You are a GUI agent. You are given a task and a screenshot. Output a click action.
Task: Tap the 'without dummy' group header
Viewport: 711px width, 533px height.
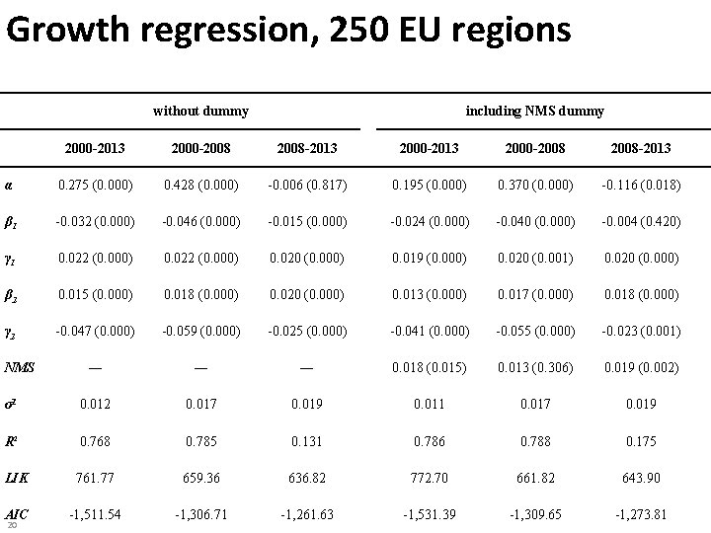coord(200,111)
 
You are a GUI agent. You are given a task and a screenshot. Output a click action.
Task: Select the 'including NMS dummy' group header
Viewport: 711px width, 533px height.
coord(534,111)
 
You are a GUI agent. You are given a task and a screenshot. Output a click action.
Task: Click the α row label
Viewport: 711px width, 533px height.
coord(9,184)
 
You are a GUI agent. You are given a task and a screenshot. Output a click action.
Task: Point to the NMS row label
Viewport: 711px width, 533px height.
coord(20,367)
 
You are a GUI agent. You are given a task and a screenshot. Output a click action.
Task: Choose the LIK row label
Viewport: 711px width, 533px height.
coord(16,477)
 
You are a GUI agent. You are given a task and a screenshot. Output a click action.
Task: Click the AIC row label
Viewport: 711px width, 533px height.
coord(16,513)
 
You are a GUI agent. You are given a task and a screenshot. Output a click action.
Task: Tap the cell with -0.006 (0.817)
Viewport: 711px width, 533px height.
coord(306,185)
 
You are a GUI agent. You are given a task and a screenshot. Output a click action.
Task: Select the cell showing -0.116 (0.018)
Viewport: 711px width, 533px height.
coord(640,185)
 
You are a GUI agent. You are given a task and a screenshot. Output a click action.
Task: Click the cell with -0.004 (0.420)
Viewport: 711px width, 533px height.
coord(640,221)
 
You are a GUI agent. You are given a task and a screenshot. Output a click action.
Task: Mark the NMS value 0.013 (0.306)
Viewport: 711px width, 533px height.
coord(534,367)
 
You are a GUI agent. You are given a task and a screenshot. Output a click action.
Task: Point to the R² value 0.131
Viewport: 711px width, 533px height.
coord(306,440)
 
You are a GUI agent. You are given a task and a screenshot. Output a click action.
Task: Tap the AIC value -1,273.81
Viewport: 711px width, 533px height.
coord(640,513)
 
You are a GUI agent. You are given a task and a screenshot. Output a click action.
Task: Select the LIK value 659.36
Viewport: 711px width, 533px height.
coord(200,477)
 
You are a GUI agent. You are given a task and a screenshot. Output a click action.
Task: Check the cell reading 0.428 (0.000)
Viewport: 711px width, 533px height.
coord(200,185)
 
